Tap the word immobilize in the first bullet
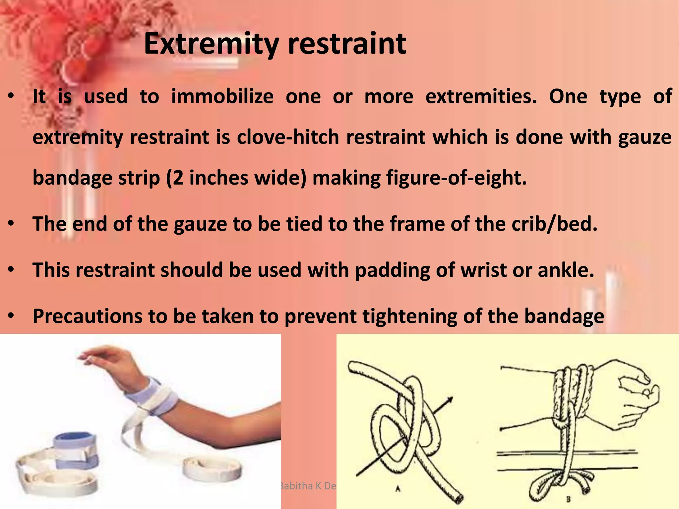click(222, 96)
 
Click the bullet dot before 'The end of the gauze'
click(11, 224)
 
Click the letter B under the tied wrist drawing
click(568, 499)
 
